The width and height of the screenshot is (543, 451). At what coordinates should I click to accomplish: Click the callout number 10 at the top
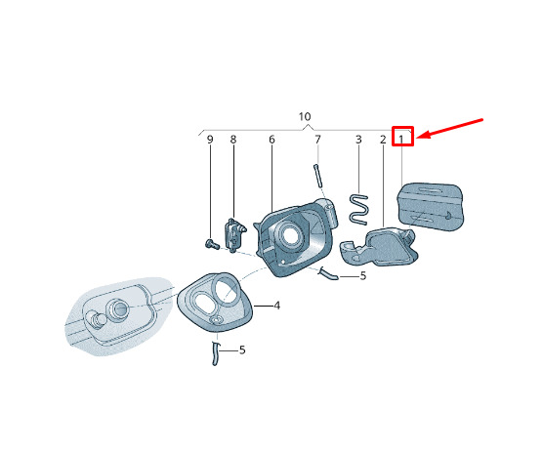[x=305, y=116]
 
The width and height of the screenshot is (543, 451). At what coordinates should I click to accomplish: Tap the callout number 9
[x=210, y=140]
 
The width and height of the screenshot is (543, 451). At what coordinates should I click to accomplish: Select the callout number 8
[x=233, y=140]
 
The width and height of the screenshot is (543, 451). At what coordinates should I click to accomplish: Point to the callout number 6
[x=271, y=140]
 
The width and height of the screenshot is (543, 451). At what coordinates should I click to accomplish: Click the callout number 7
[x=318, y=140]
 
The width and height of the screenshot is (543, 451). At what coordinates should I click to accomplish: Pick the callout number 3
[x=358, y=140]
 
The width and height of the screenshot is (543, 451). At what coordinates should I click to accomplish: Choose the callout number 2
[x=383, y=140]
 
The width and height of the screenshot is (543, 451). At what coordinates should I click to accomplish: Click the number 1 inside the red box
[x=401, y=140]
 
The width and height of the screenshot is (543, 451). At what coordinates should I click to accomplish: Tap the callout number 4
[x=276, y=306]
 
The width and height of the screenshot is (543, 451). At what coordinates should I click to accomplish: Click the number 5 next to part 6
[x=363, y=276]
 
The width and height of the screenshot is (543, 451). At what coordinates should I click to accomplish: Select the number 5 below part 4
[x=242, y=349]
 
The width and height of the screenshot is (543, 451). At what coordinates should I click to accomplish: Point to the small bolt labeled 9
[x=211, y=244]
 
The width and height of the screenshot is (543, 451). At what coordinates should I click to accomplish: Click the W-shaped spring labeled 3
[x=358, y=209]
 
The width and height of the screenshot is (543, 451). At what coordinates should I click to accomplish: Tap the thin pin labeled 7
[x=318, y=176]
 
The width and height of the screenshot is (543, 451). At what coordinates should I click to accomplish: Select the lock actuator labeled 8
[x=234, y=234]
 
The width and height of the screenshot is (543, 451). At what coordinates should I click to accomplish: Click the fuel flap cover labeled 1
[x=430, y=207]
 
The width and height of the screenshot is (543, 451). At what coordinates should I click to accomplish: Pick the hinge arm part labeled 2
[x=380, y=246]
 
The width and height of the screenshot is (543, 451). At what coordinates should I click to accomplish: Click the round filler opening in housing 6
[x=289, y=234]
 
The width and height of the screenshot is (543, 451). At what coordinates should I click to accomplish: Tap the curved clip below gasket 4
[x=215, y=353]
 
